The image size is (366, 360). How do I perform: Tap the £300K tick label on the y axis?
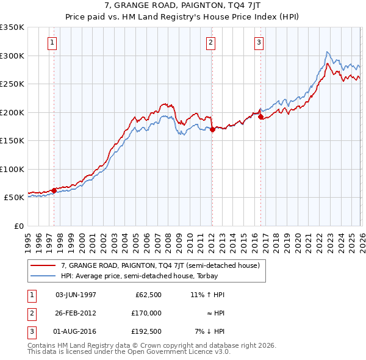coord(12,56)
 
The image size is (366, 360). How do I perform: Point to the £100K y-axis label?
coord(12,169)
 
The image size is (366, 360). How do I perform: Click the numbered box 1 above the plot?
coord(52,43)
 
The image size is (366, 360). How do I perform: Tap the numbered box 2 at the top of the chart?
coord(210,43)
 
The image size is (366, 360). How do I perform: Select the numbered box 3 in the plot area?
coord(259,43)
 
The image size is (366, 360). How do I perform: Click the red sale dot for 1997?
coord(54,190)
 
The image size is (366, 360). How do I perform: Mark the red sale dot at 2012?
coord(212,129)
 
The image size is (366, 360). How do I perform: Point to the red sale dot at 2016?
coord(260,117)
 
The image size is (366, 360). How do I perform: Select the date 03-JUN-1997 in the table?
coord(76,295)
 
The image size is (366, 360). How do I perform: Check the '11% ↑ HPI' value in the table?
coord(207,295)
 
